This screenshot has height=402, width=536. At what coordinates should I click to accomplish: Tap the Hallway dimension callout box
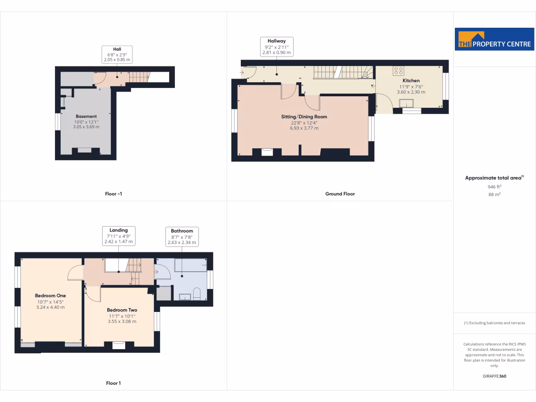(x=276, y=47)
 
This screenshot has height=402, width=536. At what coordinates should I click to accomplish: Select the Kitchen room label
(x=411, y=81)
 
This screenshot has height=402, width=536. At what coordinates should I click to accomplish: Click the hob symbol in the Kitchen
(x=398, y=70)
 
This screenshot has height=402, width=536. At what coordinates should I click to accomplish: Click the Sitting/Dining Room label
(x=304, y=117)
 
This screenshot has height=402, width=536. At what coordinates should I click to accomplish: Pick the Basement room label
(x=86, y=116)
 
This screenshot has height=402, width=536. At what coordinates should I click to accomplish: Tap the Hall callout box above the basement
(x=117, y=54)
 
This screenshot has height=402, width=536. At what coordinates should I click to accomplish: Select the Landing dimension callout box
(x=118, y=236)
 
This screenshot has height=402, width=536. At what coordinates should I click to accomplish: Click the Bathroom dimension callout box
(x=182, y=236)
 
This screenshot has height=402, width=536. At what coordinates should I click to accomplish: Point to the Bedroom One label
(x=50, y=296)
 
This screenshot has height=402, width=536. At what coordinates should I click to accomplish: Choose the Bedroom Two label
(x=122, y=310)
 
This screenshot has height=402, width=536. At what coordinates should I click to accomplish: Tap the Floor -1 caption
(x=114, y=194)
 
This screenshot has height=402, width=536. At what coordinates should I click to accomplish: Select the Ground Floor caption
(x=340, y=194)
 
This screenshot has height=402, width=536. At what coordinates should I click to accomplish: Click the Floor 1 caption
(x=114, y=383)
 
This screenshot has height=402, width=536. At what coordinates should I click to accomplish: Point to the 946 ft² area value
(x=495, y=186)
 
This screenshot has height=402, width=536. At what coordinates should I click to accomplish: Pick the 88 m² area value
(x=495, y=194)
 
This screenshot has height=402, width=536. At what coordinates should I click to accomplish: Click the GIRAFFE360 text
(x=495, y=376)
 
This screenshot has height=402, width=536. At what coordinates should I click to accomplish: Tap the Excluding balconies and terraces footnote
(x=495, y=323)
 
